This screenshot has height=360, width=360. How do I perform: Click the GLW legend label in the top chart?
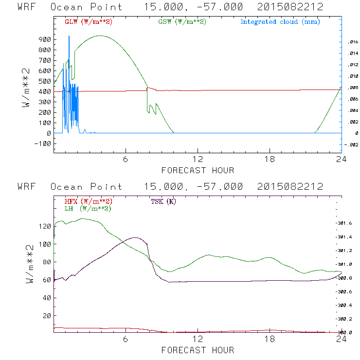[89, 22]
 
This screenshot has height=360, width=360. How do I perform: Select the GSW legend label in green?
[182, 22]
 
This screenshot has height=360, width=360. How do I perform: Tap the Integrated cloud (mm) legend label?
[280, 22]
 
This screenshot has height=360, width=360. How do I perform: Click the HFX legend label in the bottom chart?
[89, 201]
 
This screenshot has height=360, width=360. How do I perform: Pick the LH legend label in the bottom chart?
[88, 208]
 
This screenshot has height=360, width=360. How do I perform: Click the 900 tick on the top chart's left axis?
[44, 39]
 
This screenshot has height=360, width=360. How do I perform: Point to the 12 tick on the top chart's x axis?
[198, 160]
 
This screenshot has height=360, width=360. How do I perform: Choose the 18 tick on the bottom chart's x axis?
[270, 340]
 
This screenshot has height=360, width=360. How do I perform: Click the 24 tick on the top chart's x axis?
[342, 160]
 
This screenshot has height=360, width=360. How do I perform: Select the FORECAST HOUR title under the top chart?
[198, 170]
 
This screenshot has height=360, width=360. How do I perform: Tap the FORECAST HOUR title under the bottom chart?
[198, 350]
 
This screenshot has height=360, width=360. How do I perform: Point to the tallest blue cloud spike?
[69, 36]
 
